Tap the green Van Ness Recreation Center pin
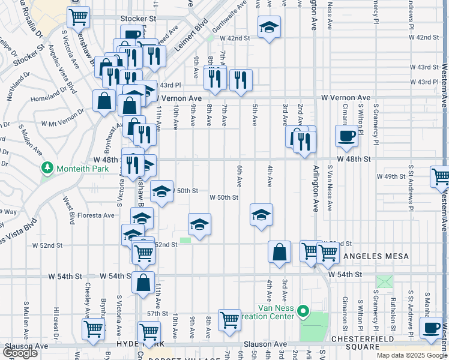pos(303,311)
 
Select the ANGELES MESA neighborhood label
pos(376,256)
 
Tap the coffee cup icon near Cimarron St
pos(347,136)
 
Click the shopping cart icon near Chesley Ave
pos(94,329)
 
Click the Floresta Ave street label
pos(100,215)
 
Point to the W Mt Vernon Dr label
pos(62,118)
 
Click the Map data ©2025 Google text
pos(411,355)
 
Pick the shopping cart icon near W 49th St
pos(441,177)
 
